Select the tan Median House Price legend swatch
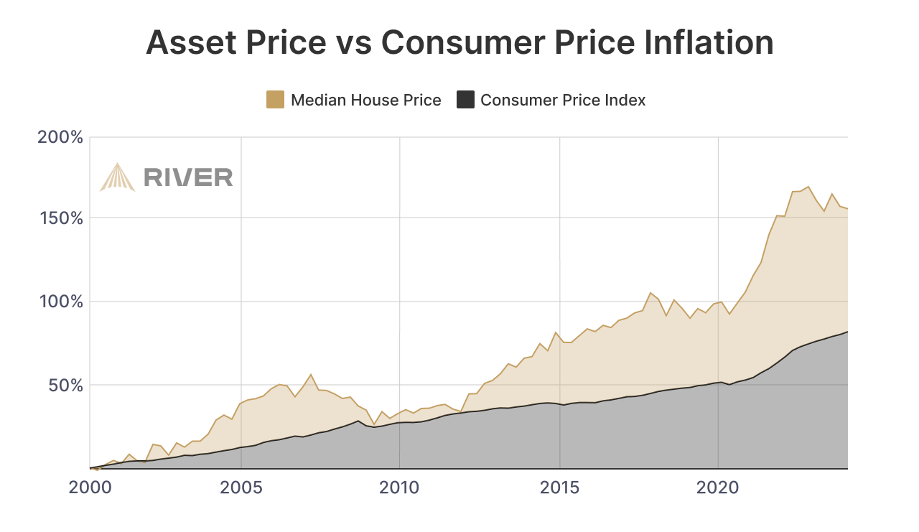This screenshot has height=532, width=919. tap(275, 100)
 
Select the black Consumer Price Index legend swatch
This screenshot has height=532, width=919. tap(465, 100)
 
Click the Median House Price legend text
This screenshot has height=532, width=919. tap(365, 100)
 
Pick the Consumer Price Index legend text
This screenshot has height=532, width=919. tap(563, 100)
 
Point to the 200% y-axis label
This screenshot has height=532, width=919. tap(60, 136)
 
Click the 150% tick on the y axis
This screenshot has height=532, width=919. tap(60, 218)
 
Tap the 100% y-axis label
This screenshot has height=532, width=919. tap(60, 302)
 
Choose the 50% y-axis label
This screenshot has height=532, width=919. tap(65, 385)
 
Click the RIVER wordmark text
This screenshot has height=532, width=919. tap(188, 177)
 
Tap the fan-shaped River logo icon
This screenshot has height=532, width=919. tap(117, 177)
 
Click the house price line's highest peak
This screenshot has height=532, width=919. tap(808, 187)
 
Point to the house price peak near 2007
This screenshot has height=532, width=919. tap(311, 374)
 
